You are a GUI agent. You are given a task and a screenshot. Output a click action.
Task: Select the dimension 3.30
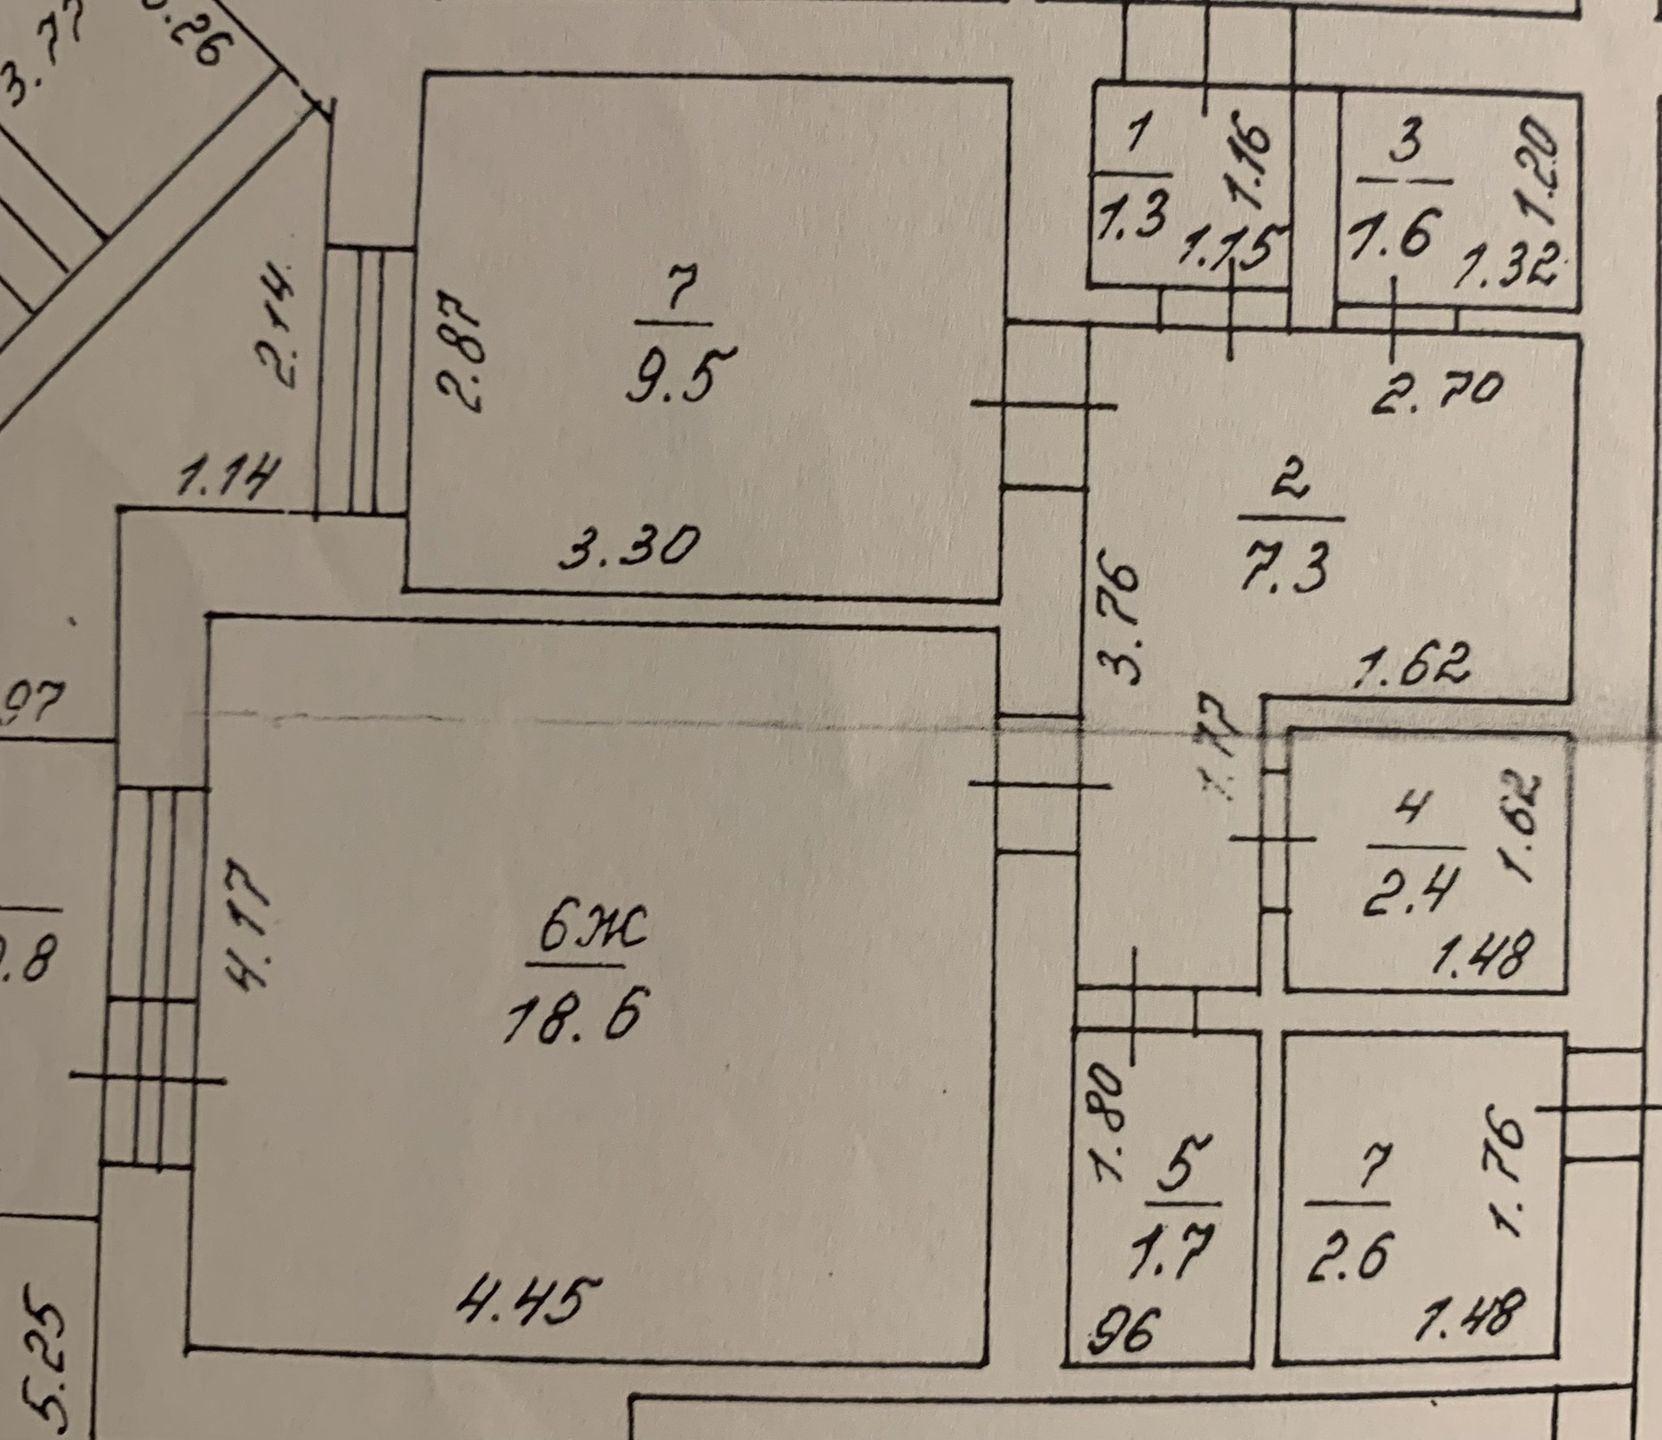pos(628,547)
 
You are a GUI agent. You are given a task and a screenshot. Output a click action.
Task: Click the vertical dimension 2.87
pos(465,355)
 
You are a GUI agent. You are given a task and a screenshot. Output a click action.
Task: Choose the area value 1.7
pos(1180,1250)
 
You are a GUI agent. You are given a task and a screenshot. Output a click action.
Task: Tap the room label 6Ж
pos(592,932)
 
